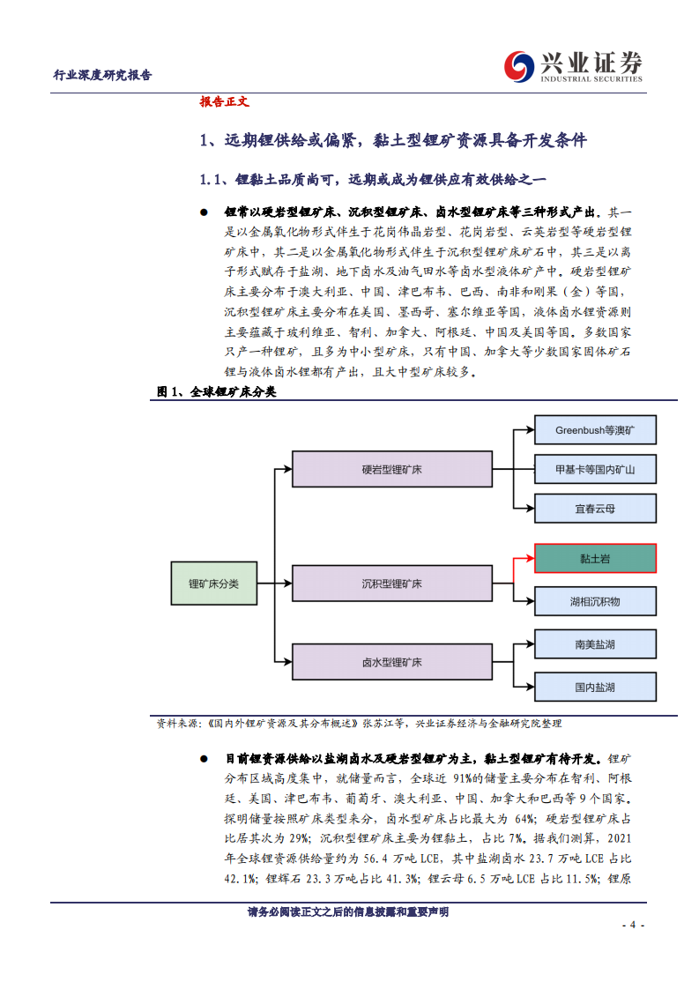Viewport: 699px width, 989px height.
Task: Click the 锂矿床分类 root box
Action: (214, 584)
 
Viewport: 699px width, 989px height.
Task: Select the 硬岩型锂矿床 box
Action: (392, 470)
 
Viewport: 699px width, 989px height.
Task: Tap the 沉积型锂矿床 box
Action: (392, 584)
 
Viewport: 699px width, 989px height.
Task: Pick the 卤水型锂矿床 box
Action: (392, 662)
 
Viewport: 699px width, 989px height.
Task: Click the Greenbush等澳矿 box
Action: (595, 431)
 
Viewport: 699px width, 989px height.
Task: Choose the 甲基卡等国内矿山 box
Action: (595, 469)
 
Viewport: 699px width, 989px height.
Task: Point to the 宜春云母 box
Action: (595, 509)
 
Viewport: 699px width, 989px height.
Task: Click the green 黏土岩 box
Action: (595, 558)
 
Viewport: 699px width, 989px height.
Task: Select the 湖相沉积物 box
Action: (595, 601)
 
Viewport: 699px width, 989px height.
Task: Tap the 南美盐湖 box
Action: (595, 644)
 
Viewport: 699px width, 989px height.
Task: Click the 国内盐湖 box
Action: (595, 687)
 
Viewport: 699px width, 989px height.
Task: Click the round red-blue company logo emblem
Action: (519, 65)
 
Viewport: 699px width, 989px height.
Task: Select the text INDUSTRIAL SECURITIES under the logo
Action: (591, 79)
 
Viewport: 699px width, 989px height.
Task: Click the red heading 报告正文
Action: (225, 102)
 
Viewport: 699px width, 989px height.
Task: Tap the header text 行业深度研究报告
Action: (103, 76)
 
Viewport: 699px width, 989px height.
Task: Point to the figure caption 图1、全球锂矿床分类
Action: (216, 391)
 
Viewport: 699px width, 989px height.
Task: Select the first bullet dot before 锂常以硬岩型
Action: (204, 212)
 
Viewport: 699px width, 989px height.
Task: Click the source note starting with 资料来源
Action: (359, 724)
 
